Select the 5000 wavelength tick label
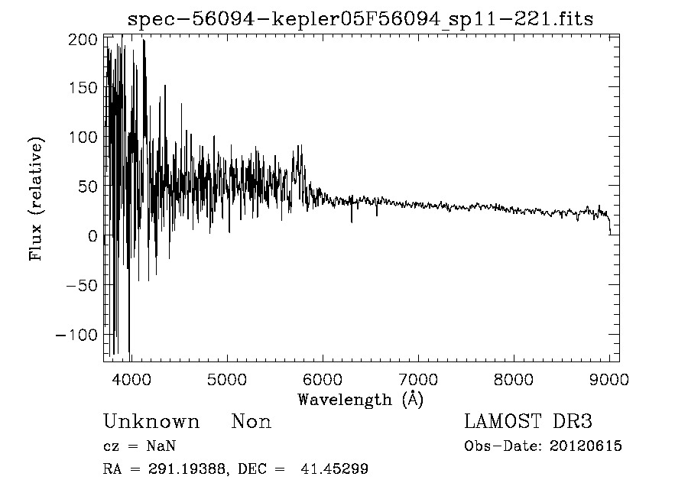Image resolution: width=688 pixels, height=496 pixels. pos(226,379)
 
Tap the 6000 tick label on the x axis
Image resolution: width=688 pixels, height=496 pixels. pos(322,379)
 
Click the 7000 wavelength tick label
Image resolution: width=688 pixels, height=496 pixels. pos(417,379)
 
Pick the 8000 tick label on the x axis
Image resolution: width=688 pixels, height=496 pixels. pos(514,379)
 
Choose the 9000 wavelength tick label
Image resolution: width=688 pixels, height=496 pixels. pos(609,379)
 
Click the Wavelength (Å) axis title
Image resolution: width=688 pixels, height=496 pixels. pos(360,399)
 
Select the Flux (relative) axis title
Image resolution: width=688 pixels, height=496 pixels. pos(36,199)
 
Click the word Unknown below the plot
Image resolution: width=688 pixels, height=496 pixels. pos(151,422)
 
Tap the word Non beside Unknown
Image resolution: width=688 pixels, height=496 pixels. pos(252,422)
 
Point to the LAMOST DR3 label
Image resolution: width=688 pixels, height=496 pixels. pos(528,422)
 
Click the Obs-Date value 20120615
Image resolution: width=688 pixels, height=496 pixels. pos(586,446)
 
